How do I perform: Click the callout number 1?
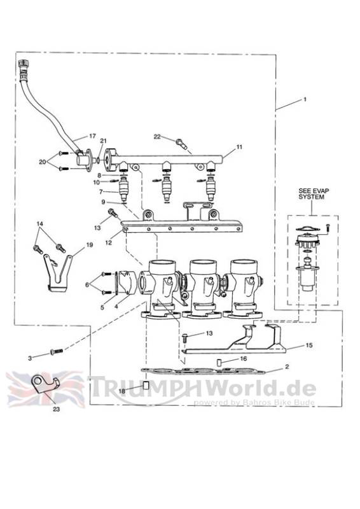[305, 100]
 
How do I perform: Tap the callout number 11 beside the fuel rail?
[239, 147]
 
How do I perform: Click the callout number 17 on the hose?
[92, 136]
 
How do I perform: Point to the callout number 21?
[103, 141]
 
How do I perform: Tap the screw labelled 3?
[56, 351]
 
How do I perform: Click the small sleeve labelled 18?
[146, 386]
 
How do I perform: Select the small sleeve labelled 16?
[219, 362]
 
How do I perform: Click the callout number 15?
[309, 345]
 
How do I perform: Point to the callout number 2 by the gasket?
[287, 367]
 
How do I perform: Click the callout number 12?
[108, 242]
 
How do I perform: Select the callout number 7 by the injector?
[101, 192]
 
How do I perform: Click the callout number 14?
[39, 224]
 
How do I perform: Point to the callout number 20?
[43, 162]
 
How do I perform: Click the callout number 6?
[87, 284]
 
